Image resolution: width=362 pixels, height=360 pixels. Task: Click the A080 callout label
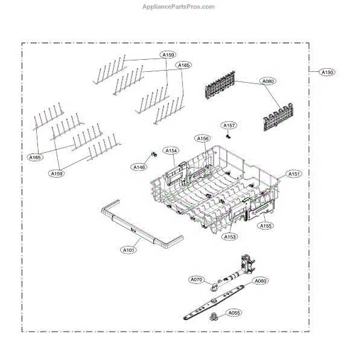pyautogui.click(x=267, y=80)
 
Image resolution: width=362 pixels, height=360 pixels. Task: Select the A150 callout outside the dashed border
pyautogui.click(x=327, y=72)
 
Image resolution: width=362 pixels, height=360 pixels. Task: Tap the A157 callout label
pyautogui.click(x=229, y=126)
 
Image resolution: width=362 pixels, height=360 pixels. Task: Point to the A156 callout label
pyautogui.click(x=203, y=138)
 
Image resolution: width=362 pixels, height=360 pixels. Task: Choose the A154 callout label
pyautogui.click(x=171, y=150)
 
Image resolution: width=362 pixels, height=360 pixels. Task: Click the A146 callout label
pyautogui.click(x=139, y=166)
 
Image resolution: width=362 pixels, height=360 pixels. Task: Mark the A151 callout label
pyautogui.click(x=294, y=174)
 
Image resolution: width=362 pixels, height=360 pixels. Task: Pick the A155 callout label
pyautogui.click(x=265, y=226)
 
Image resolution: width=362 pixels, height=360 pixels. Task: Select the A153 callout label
pyautogui.click(x=229, y=237)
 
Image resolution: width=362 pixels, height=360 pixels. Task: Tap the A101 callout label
pyautogui.click(x=130, y=249)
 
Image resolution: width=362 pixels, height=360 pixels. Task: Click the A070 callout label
pyautogui.click(x=197, y=280)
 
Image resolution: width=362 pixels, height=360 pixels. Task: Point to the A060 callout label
pyautogui.click(x=260, y=281)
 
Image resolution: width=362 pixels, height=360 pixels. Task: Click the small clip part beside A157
pyautogui.click(x=227, y=136)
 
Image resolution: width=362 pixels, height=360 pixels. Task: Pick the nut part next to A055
pyautogui.click(x=214, y=318)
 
